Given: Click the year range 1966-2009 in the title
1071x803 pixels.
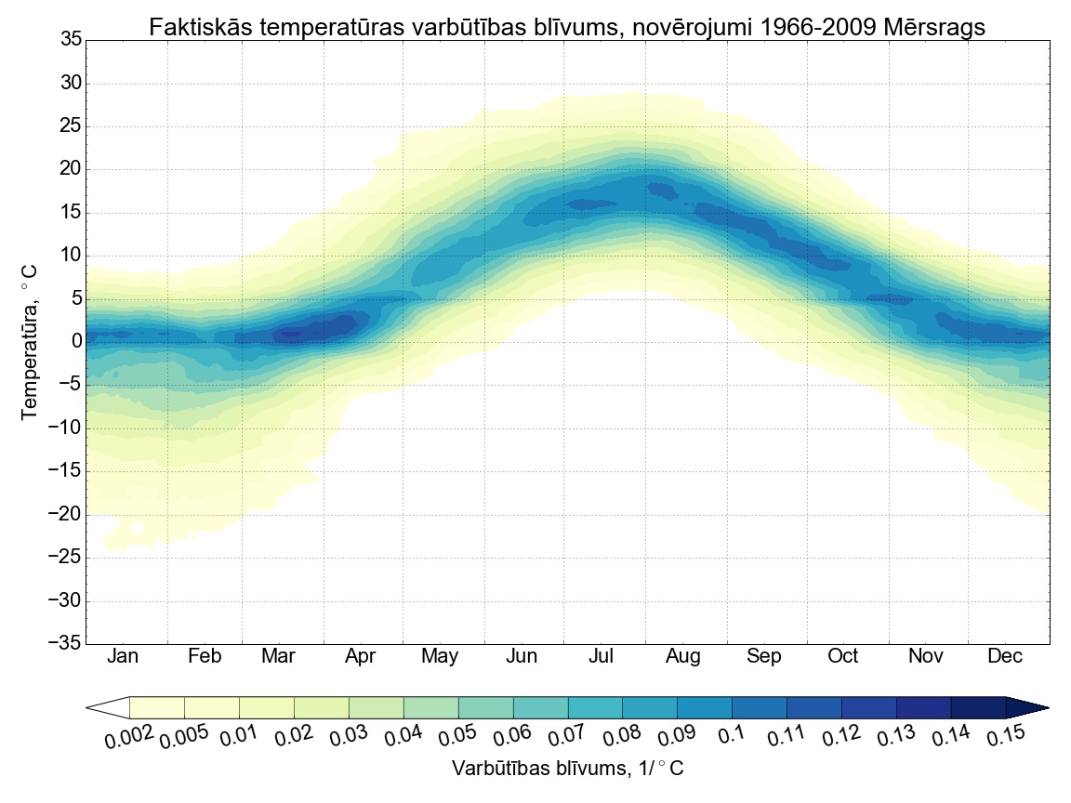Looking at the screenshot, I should [x=809, y=28].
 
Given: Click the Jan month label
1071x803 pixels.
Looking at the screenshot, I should [x=123, y=657].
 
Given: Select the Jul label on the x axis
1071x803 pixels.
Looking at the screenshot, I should [x=602, y=657].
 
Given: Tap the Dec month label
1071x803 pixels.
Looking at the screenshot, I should [x=1005, y=657].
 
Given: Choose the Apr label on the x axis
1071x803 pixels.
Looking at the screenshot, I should [x=360, y=657].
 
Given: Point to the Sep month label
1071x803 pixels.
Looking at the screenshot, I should [x=764, y=657].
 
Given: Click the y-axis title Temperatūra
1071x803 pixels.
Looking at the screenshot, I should [x=31, y=342].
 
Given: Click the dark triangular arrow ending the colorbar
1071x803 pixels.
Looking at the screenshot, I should [x=1027, y=708].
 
